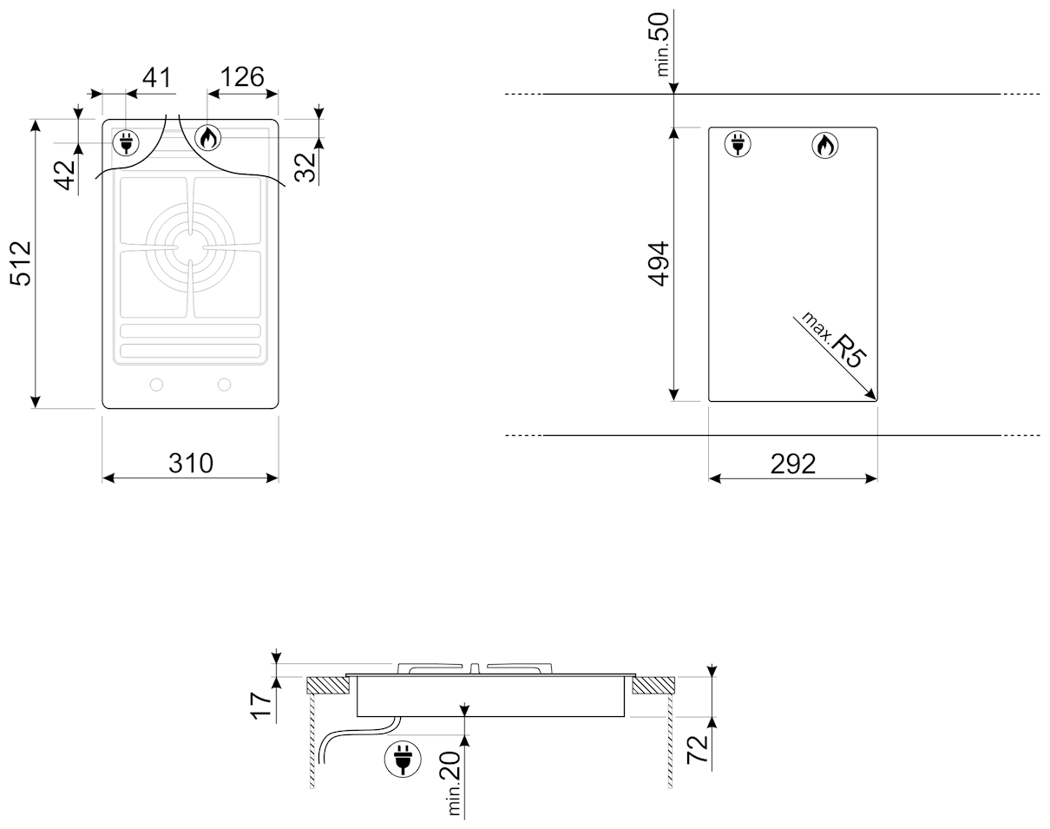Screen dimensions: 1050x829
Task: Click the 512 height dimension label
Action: click(x=21, y=264)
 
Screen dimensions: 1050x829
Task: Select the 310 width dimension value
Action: click(x=191, y=464)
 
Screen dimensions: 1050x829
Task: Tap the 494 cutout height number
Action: click(x=658, y=264)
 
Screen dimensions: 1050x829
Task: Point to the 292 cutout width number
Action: click(x=793, y=464)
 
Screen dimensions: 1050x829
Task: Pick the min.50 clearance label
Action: click(x=662, y=44)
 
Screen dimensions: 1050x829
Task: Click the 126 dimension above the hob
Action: click(x=242, y=76)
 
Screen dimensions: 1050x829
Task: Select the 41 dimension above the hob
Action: click(x=157, y=77)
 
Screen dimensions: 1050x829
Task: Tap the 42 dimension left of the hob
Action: click(x=65, y=174)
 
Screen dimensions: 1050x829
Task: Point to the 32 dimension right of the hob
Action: click(x=305, y=168)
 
